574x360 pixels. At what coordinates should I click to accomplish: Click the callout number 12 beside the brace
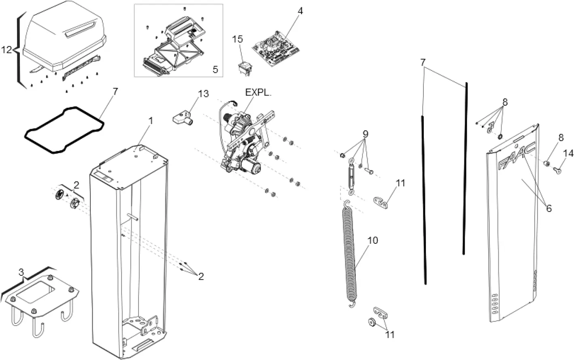pyautogui.click(x=7, y=50)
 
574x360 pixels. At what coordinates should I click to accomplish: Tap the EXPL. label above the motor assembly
pyautogui.click(x=258, y=92)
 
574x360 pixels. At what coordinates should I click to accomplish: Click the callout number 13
pyautogui.click(x=203, y=94)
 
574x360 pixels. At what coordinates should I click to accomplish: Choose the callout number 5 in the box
pyautogui.click(x=215, y=70)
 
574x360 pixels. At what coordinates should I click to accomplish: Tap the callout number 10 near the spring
pyautogui.click(x=373, y=241)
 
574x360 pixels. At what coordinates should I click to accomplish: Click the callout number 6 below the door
pyautogui.click(x=548, y=209)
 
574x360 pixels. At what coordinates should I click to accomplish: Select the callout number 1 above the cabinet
pyautogui.click(x=151, y=121)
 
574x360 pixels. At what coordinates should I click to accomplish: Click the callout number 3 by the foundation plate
pyautogui.click(x=21, y=272)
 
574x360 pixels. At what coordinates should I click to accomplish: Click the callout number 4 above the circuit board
pyautogui.click(x=300, y=11)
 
